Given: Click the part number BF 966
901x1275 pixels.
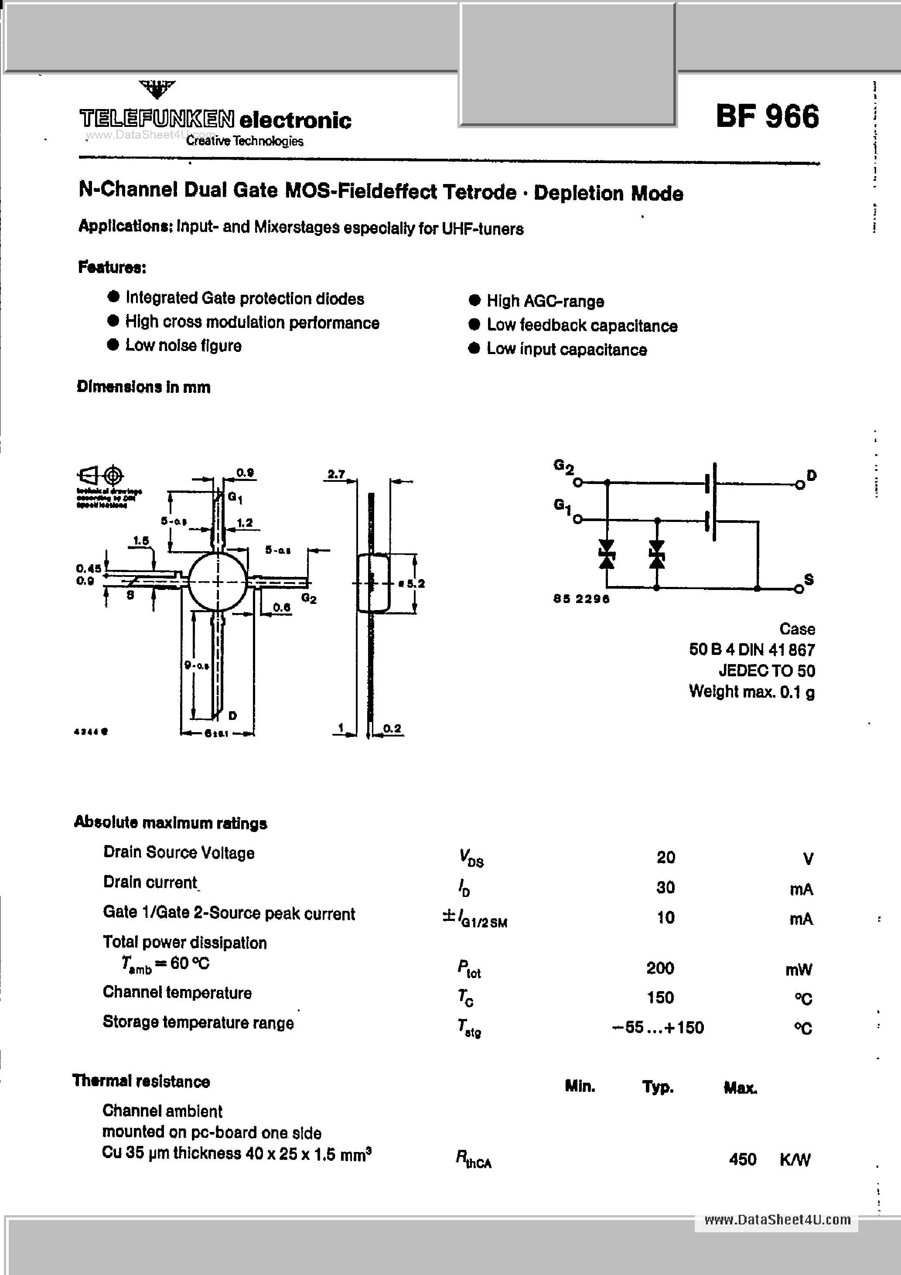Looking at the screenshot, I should tap(767, 117).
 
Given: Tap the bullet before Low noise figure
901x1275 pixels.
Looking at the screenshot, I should tap(113, 345).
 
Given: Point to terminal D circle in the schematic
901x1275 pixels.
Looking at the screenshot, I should tap(799, 485).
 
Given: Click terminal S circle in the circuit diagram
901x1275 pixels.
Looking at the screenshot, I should tap(798, 589).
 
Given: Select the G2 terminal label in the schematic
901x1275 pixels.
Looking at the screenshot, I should tap(563, 467).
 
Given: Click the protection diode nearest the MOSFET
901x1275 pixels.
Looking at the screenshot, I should tap(657, 555).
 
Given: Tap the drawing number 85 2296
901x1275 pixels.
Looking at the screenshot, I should tap(581, 599).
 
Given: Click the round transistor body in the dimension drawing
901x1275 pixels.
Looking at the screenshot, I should tap(217, 581).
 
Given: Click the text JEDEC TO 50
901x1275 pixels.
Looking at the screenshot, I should tap(767, 671).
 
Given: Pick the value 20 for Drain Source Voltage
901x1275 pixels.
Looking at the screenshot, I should tap(666, 857).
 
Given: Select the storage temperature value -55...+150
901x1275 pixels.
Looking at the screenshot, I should tap(658, 1027).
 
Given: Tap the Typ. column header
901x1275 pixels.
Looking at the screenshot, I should tap(658, 1087).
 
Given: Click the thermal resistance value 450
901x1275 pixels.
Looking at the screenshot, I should tap(742, 1159).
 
